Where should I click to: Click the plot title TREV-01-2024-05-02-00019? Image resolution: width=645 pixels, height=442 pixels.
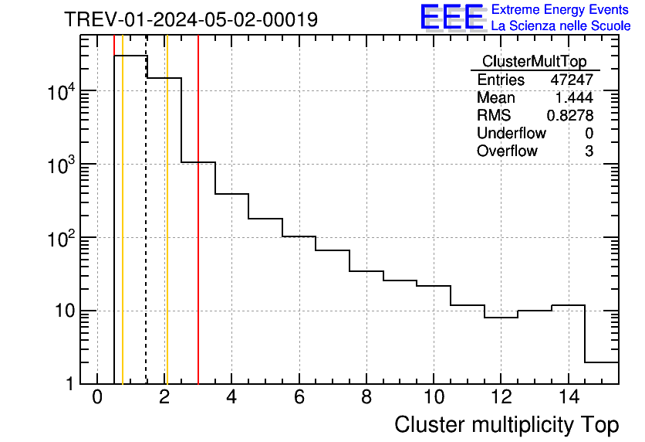(x=191, y=19)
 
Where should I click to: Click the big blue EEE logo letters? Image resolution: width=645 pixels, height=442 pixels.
(x=452, y=17)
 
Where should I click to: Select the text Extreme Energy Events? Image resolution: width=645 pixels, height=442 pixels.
(x=561, y=10)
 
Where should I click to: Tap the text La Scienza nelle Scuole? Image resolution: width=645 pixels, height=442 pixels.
(x=561, y=26)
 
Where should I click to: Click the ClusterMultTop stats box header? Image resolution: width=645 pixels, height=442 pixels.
(x=534, y=62)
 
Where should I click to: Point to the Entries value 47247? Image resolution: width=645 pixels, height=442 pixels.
(x=572, y=80)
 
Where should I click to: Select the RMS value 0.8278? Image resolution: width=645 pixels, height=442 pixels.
(x=569, y=116)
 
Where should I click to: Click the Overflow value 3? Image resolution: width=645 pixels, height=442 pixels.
(x=589, y=151)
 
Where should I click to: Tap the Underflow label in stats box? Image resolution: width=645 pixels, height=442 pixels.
(x=511, y=134)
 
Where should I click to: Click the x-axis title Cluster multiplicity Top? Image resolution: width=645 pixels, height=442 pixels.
(x=506, y=425)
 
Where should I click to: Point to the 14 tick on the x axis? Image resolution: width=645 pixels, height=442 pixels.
(x=568, y=397)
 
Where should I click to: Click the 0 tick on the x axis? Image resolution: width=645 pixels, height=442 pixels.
(x=97, y=397)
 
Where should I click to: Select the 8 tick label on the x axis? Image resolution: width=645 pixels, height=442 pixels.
(x=366, y=397)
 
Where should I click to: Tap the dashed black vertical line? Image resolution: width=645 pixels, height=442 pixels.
(x=146, y=232)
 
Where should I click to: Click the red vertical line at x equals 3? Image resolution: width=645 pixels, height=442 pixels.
(x=198, y=232)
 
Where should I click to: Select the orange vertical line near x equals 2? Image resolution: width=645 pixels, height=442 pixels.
(x=167, y=232)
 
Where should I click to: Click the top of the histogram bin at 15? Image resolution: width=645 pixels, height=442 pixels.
(x=602, y=362)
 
